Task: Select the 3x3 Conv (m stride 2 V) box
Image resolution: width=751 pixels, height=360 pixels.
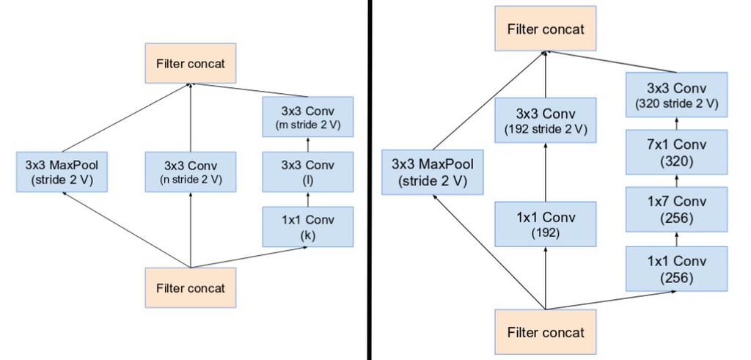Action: pos(308,117)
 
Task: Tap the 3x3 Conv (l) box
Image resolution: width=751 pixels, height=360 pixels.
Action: pos(308,172)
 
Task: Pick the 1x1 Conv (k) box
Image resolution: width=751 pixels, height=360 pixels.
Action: pos(308,227)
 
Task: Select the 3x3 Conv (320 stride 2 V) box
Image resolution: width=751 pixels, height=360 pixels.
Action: pos(676,95)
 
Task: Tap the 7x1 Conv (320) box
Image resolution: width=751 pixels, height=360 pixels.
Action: pos(676,152)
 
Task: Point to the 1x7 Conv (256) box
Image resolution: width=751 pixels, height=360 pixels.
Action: pos(676,209)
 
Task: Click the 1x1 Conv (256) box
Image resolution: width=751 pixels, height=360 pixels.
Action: pos(676,268)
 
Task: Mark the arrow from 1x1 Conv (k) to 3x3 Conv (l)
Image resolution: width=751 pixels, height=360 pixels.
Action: pos(308,199)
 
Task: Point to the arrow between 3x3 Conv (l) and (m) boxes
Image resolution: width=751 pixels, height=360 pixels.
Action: pos(308,144)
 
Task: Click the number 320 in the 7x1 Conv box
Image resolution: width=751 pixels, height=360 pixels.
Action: pos(676,161)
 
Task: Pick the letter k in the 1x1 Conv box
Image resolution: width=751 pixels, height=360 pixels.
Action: pos(308,235)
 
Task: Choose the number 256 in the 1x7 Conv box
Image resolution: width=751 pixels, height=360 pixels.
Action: pos(676,218)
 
